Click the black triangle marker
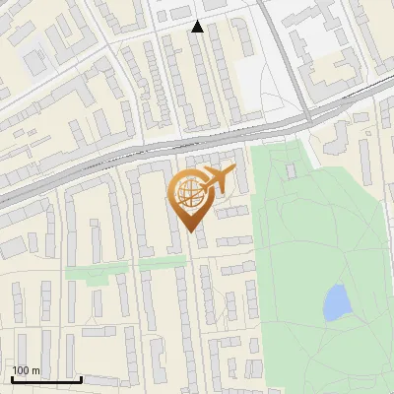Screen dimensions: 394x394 (x=197, y=27)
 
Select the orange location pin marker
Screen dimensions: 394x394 (x=191, y=197)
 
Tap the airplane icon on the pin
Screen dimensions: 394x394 (x=217, y=180)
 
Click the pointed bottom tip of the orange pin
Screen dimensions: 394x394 (x=191, y=230)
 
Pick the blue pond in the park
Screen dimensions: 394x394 (x=336, y=301)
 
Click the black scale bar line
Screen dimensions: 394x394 (x=45, y=379)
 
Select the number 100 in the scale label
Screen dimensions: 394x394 (x=22, y=370)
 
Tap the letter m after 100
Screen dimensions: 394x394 (x=36, y=370)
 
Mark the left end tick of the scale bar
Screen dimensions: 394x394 (x=11, y=378)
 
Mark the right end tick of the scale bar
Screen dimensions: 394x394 (x=81, y=378)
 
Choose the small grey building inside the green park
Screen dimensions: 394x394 (x=291, y=171)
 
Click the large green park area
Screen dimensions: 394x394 (x=315, y=246)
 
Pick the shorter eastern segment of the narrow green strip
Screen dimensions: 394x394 (x=163, y=263)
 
